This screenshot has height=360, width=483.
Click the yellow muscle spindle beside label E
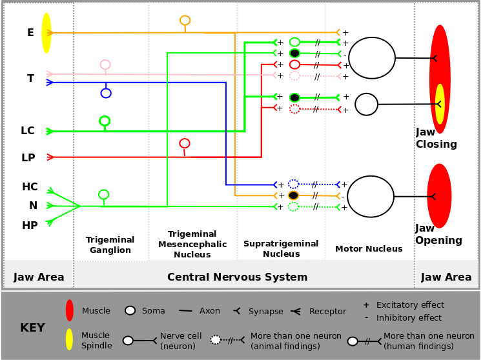(x=46, y=33)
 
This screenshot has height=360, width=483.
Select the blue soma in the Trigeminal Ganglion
(x=106, y=93)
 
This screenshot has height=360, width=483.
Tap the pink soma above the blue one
(x=105, y=65)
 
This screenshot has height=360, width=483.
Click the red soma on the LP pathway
(x=185, y=143)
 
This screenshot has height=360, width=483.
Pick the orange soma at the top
(x=185, y=21)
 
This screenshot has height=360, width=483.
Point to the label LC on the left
(x=28, y=131)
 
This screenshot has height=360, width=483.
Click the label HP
(x=30, y=225)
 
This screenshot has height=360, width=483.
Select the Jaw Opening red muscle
(x=439, y=195)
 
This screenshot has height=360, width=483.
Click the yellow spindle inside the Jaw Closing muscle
(x=440, y=103)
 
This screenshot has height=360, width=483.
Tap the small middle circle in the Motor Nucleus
(x=366, y=104)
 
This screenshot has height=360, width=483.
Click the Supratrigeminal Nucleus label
(x=281, y=248)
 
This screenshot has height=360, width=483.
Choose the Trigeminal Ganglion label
(x=110, y=245)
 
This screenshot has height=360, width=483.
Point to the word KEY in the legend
(x=32, y=328)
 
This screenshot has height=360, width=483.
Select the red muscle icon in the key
(x=70, y=310)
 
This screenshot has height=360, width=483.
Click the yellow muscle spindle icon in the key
(x=69, y=339)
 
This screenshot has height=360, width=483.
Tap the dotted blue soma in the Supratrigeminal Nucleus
(x=294, y=184)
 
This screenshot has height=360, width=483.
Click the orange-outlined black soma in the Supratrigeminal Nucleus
(x=293, y=195)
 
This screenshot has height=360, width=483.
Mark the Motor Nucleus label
(x=369, y=249)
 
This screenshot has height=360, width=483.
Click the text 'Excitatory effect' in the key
(x=410, y=305)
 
